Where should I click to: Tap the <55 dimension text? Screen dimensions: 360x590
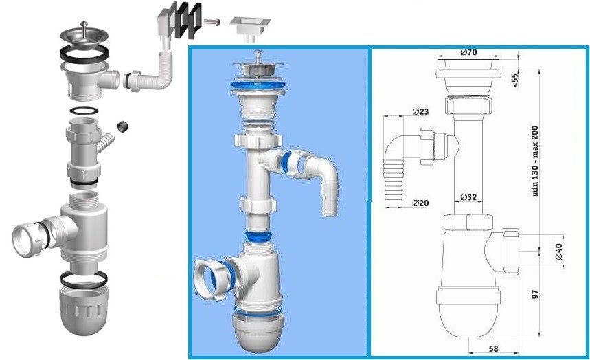click(514, 81)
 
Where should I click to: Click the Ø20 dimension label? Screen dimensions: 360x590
click(421, 203)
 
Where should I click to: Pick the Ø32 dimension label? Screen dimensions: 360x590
click(468, 196)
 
